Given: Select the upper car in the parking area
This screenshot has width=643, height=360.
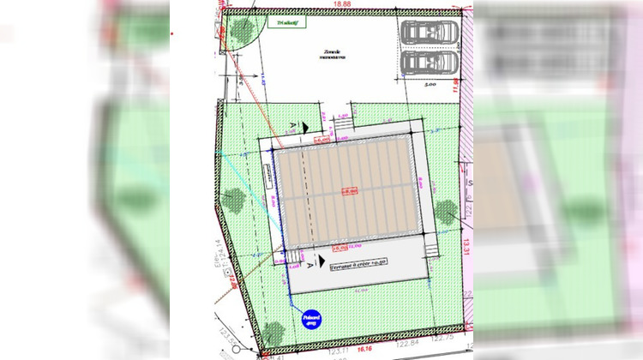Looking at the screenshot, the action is tap(430, 33).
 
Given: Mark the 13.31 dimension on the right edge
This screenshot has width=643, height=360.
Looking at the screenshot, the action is tap(467, 245).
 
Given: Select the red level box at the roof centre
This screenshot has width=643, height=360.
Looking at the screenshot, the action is tap(349, 191).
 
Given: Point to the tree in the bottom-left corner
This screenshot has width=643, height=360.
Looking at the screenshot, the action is tap(273, 332).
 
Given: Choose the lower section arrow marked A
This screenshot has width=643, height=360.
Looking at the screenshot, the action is tap(320, 262).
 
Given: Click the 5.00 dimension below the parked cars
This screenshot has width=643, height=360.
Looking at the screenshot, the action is tap(430, 85).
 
